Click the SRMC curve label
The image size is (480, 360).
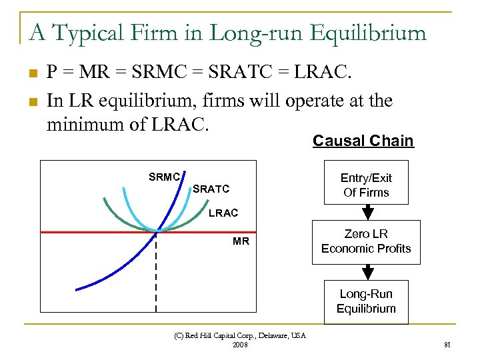point(164,177)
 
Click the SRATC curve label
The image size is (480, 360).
point(211,189)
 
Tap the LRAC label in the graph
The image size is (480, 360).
point(223,213)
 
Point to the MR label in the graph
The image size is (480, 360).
point(241,241)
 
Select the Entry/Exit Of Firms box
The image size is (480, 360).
point(365,185)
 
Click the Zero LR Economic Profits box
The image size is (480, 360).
point(366,241)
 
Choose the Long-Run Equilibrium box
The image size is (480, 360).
point(366,301)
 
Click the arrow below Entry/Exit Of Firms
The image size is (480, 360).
point(366,212)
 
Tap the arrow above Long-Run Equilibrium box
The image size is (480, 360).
point(366,272)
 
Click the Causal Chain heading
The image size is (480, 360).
point(363,141)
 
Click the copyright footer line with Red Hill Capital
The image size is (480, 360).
point(239,335)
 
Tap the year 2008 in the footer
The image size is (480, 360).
point(239,345)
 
